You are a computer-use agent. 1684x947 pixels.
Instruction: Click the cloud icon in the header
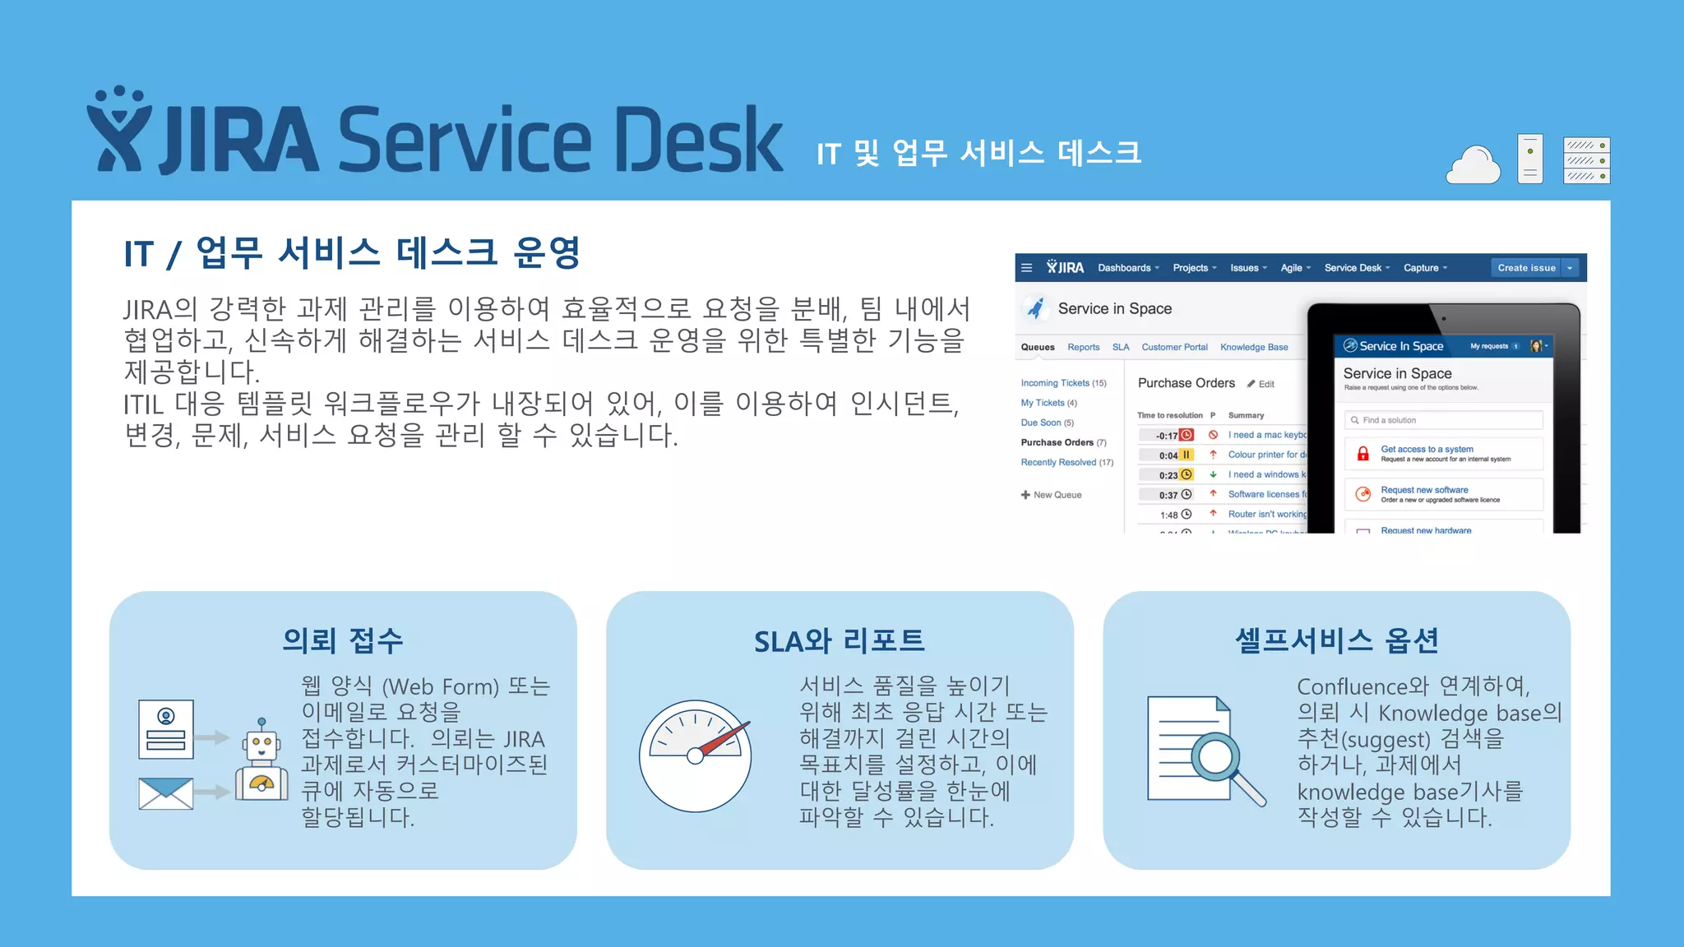point(1473,164)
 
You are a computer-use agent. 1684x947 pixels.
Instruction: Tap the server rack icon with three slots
point(1586,160)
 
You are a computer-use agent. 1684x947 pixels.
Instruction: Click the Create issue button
point(1526,268)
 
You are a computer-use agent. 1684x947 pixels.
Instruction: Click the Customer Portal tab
point(1174,347)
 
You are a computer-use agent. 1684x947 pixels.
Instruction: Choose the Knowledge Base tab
point(1254,347)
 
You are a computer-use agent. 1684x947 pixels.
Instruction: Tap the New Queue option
point(1052,495)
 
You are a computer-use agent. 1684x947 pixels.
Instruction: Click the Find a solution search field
point(1443,420)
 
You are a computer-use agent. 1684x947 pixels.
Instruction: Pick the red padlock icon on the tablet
point(1362,454)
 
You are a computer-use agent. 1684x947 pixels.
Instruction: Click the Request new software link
point(1424,490)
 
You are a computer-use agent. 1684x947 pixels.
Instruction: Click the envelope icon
point(165,793)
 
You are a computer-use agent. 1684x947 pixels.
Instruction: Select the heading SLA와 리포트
point(840,641)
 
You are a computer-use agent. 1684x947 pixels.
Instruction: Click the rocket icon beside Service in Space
point(1036,308)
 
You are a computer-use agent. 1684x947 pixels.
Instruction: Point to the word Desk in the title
point(698,140)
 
